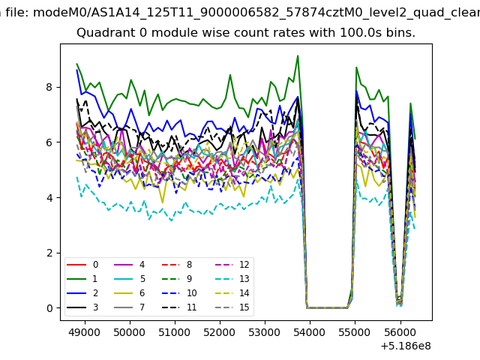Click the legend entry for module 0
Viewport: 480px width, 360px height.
point(82,265)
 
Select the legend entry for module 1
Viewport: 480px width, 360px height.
point(82,279)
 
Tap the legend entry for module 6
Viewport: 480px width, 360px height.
point(129,293)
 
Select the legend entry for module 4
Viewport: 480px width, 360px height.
point(129,265)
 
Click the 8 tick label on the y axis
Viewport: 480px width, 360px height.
point(49,87)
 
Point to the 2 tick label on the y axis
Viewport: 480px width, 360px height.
point(49,253)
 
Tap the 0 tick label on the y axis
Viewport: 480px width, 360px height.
point(49,308)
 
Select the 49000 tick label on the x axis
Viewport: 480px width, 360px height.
point(85,332)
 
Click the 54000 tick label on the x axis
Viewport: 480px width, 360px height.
point(310,332)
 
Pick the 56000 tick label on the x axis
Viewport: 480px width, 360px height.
point(400,332)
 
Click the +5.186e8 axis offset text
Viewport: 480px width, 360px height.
point(406,346)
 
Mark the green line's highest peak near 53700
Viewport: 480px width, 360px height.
point(298,55)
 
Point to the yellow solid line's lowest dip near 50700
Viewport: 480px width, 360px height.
point(162,202)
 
